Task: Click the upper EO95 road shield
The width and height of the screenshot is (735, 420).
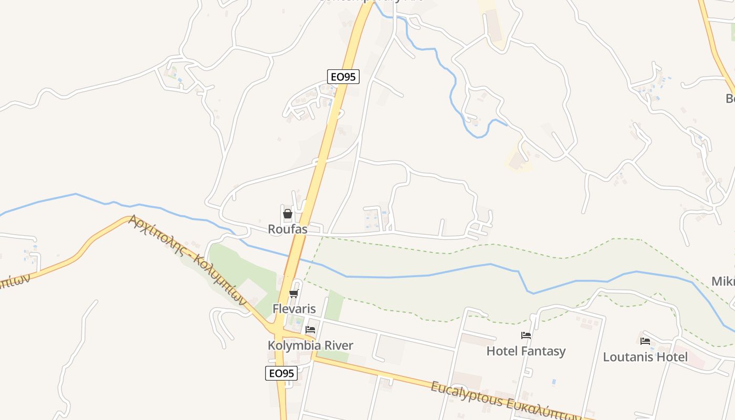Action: (x=343, y=77)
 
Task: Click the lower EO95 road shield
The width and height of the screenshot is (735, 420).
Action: (x=281, y=373)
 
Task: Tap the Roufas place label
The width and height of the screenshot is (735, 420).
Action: (x=287, y=229)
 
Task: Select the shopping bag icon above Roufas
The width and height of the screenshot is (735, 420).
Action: (x=288, y=214)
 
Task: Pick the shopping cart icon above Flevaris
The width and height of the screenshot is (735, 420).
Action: (x=294, y=293)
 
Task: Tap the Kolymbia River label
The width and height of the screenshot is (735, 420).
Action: (x=310, y=345)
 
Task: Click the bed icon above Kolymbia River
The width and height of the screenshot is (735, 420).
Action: (x=310, y=330)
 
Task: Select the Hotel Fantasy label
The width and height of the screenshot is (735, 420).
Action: (x=526, y=351)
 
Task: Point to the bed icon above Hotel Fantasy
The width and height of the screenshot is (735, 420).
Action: (x=526, y=335)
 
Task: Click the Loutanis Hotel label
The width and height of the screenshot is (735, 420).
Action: (x=645, y=357)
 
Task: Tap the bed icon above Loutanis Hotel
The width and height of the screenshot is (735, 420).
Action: (x=645, y=341)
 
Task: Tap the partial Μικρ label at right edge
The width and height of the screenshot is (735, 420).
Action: (x=723, y=281)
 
